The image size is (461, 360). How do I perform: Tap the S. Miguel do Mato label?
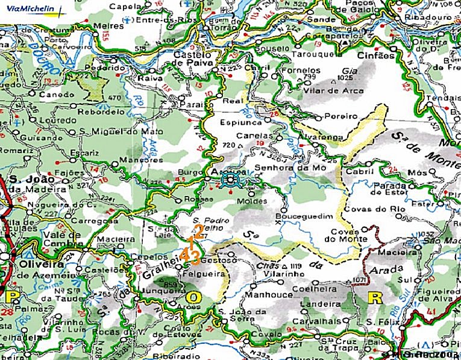pos(114,131)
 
